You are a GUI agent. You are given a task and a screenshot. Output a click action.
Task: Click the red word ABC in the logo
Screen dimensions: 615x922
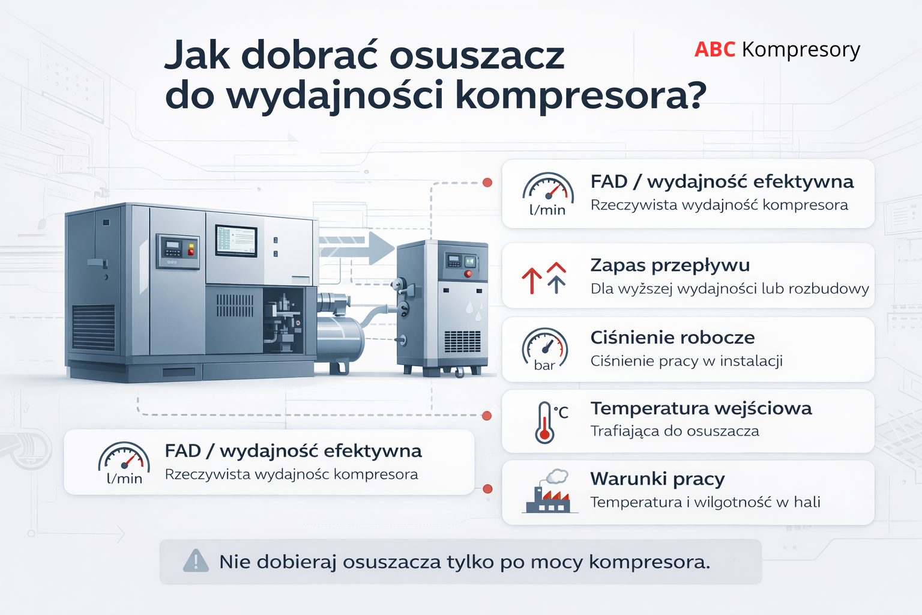pos(714,49)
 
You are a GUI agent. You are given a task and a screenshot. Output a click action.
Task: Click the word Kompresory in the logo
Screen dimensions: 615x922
pos(801,50)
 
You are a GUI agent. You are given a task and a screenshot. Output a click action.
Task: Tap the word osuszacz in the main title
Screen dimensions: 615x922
pos(477,55)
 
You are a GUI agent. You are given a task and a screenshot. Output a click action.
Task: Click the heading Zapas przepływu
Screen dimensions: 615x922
pos(670,265)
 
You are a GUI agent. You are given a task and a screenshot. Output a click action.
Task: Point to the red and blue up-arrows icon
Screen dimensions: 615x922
pos(544,278)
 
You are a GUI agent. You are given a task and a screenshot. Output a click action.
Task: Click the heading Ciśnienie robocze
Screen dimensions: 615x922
pos(672,338)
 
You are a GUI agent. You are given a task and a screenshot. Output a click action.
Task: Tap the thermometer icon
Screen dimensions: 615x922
pos(545,422)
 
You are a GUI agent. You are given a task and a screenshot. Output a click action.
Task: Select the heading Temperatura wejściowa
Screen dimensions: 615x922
pos(701,408)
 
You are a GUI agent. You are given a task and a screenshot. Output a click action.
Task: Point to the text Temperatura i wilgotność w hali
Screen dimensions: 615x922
pos(705,502)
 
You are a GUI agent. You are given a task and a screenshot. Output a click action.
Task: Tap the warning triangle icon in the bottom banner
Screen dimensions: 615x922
pos(196,561)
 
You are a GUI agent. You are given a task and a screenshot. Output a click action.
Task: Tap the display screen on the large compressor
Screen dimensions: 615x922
pos(236,240)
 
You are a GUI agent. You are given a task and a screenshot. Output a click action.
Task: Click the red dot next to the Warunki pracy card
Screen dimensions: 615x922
pos(487,489)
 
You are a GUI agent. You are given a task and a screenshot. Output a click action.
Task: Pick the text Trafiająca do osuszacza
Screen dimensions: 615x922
pos(675,431)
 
